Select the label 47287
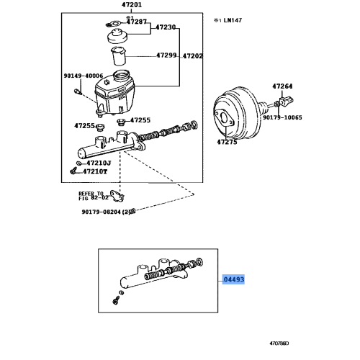pos(136,22)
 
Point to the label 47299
pos(167,55)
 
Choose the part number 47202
pos(192,55)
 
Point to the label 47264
pos(283,86)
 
